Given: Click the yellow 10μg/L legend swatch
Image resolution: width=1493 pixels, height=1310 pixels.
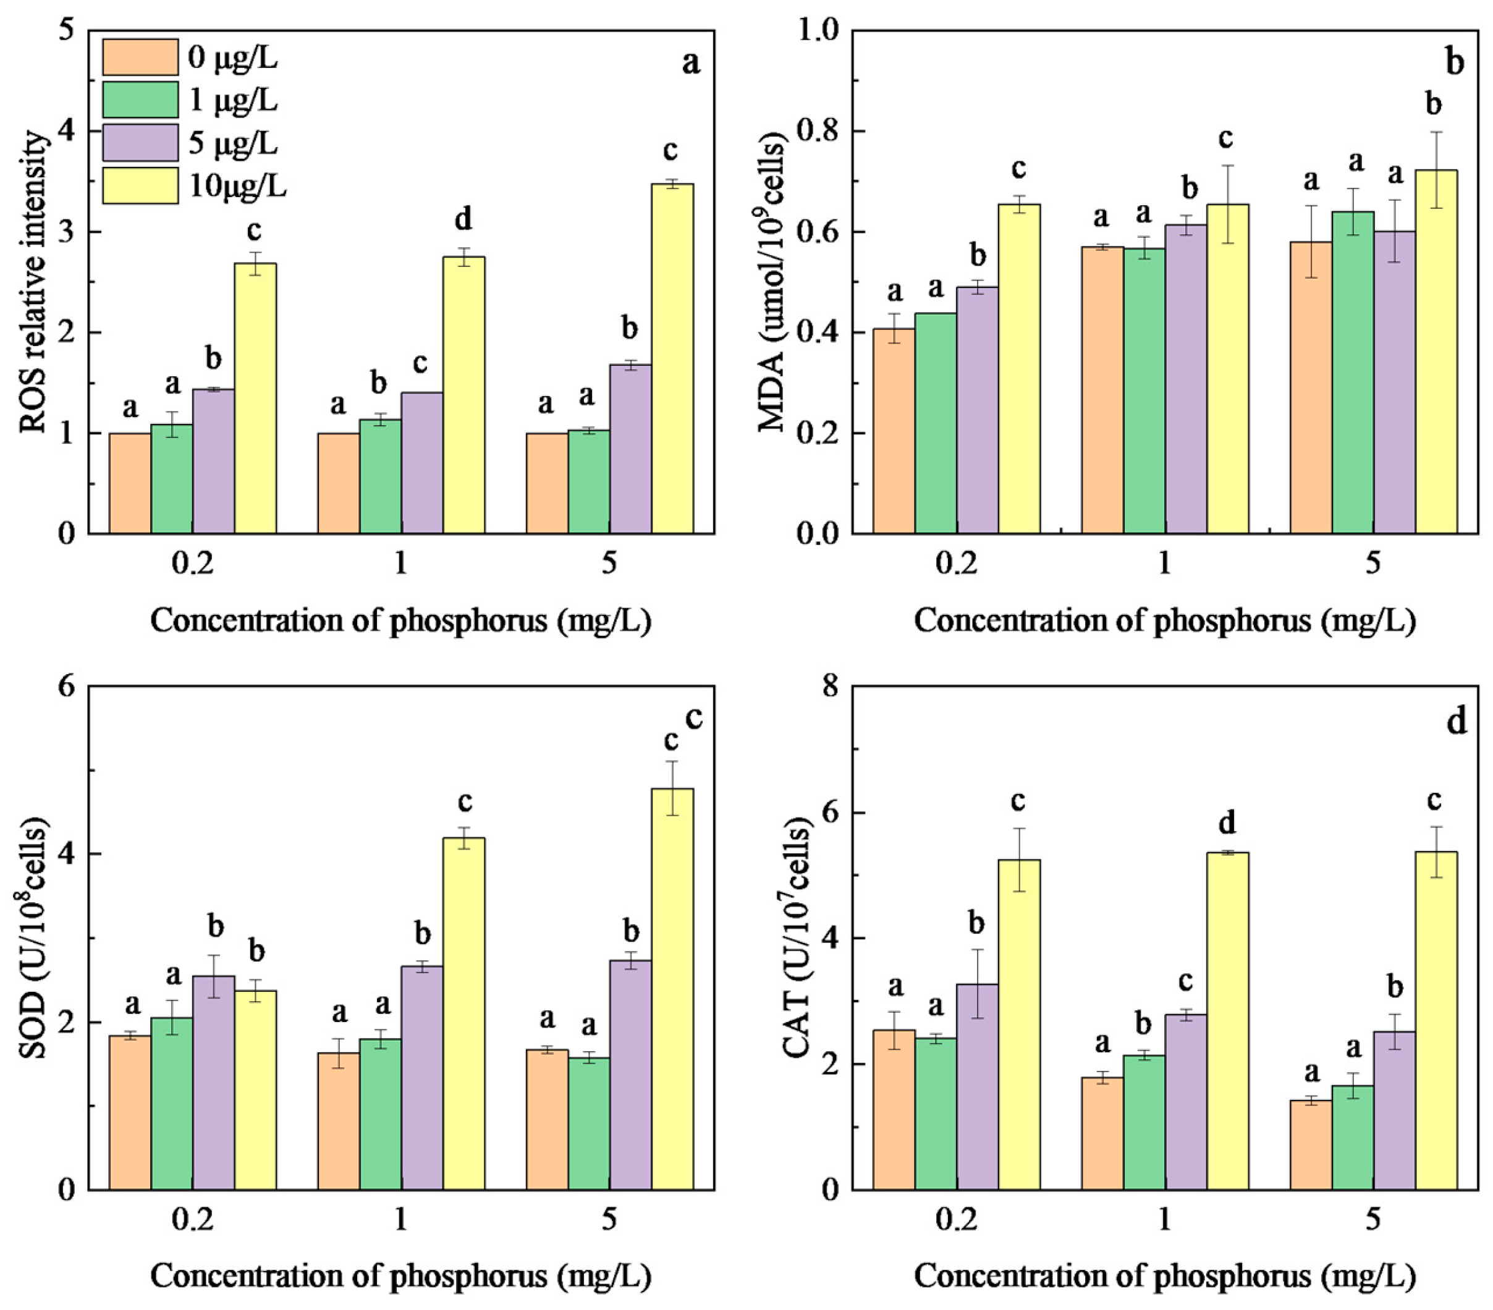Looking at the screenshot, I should (x=140, y=185).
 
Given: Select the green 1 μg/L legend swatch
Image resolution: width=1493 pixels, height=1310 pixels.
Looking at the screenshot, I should (x=140, y=99).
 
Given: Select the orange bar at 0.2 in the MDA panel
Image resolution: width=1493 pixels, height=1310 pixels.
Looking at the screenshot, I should (x=894, y=431).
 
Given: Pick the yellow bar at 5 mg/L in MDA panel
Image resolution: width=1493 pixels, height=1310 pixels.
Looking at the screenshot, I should (x=1436, y=350).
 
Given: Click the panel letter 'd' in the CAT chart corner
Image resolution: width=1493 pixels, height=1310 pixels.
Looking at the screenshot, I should (x=1456, y=722).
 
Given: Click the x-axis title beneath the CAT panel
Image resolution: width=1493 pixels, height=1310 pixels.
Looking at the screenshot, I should (x=1164, y=1275).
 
